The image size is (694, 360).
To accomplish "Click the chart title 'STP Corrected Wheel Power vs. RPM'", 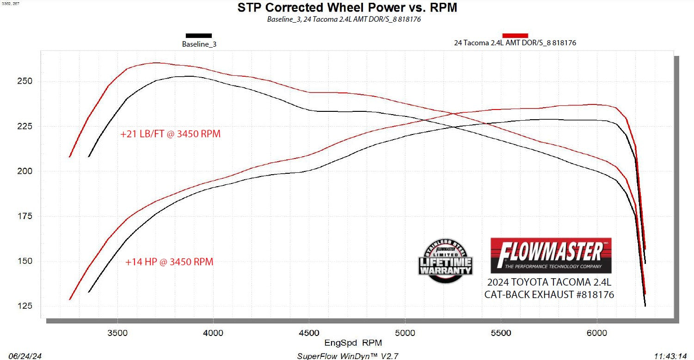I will [x=347, y=8].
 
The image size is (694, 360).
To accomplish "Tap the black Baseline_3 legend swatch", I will [x=198, y=35].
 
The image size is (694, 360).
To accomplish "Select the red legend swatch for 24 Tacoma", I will [x=515, y=35].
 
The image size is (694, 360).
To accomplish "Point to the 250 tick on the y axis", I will [x=26, y=81].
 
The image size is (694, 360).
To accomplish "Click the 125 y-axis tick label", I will [x=26, y=306].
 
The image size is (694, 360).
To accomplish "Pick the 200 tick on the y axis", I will [x=26, y=171].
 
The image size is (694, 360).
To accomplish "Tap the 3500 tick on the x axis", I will [x=117, y=333].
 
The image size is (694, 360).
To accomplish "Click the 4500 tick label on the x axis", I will [x=309, y=333].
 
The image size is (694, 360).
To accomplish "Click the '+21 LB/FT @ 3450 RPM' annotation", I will [x=170, y=134].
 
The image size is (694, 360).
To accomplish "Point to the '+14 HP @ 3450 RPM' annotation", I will [x=169, y=262].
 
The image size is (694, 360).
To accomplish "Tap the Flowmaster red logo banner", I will [x=551, y=255].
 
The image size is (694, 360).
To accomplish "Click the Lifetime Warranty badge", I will [x=445, y=261].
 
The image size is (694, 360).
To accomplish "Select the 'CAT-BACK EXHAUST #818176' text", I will [x=549, y=294].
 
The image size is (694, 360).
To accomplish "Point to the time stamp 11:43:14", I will [x=670, y=356].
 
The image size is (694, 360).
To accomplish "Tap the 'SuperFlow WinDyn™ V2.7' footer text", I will [x=347, y=356].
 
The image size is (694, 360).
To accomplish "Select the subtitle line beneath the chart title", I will [x=344, y=19].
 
